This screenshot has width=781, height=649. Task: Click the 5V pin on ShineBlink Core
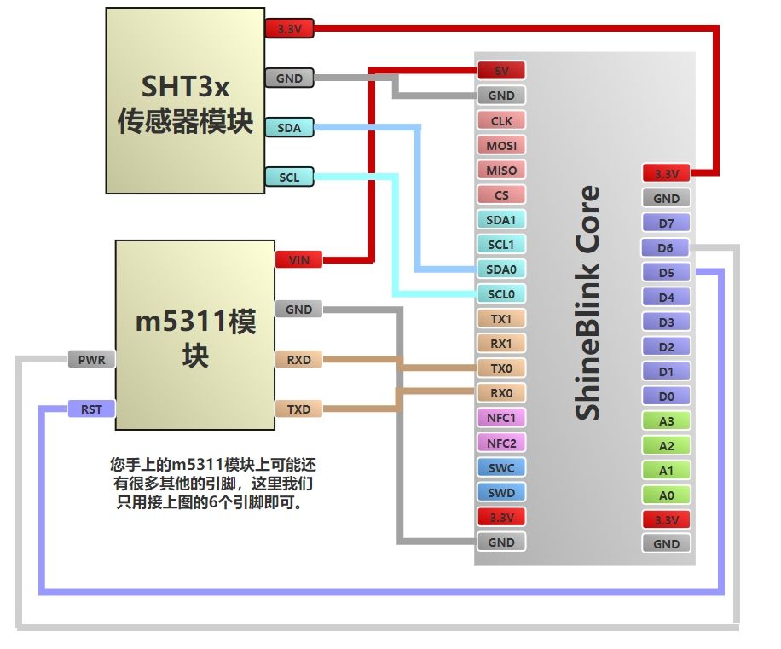pos(500,71)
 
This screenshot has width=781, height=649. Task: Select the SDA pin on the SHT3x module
pos(289,127)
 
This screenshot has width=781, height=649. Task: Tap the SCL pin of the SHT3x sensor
pos(289,177)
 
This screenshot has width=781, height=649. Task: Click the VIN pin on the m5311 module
pos(298,259)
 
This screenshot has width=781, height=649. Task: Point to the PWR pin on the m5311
pos(91,360)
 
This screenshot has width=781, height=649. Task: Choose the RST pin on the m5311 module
pos(91,409)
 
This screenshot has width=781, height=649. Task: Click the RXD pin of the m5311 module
pos(298,360)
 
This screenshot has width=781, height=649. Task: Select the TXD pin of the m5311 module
pos(298,409)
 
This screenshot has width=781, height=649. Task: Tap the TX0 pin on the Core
pos(500,368)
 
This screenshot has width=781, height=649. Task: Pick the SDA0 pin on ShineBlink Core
pos(500,269)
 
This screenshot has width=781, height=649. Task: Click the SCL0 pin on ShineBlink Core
pos(500,294)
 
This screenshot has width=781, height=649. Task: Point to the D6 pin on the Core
pos(666,248)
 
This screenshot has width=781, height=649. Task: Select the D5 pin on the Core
pos(666,273)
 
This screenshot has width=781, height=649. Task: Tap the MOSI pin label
pos(500,146)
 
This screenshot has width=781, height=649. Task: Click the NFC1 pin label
pos(500,418)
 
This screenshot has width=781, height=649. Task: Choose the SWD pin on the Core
pos(500,492)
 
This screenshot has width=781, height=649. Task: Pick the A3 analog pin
pos(666,421)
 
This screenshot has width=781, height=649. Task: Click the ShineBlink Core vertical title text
pos(587,303)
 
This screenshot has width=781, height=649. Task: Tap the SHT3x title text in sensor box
pos(185,87)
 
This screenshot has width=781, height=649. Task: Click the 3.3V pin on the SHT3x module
pos(289,29)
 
